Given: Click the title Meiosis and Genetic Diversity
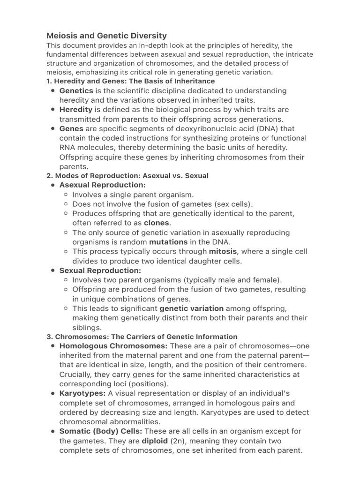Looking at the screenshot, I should (x=106, y=36).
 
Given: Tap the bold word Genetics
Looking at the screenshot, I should (x=76, y=90).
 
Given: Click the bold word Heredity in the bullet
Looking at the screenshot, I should (x=76, y=110).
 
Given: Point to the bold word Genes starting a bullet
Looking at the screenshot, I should (x=71, y=128).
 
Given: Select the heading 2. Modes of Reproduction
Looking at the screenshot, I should (x=127, y=176).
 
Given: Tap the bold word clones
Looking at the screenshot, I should (x=157, y=223).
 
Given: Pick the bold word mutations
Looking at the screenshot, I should (x=168, y=242).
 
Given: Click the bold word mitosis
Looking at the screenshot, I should (x=223, y=251).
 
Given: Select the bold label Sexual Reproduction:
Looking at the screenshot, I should (x=100, y=270).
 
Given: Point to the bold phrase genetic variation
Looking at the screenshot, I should (x=191, y=308).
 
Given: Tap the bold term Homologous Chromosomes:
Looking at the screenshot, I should (x=113, y=346).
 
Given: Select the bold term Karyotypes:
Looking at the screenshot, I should (x=82, y=393).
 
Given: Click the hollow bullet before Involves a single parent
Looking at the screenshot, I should (x=67, y=195).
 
